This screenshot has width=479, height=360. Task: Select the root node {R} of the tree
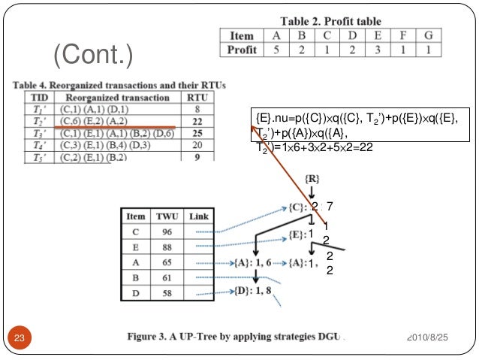[315, 178]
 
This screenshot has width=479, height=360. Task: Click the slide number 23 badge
[20, 337]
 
